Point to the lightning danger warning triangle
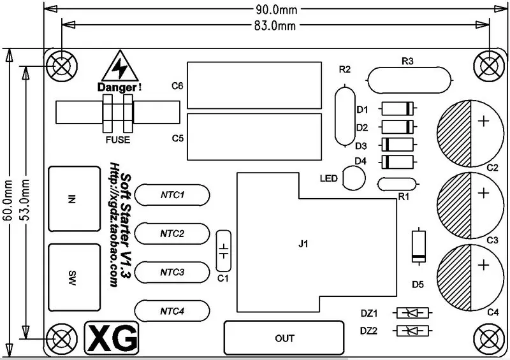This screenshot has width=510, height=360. (x=117, y=67)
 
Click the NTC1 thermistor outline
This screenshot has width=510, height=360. (x=172, y=194)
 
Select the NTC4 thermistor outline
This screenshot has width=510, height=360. (x=172, y=311)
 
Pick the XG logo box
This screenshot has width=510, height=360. (x=112, y=338)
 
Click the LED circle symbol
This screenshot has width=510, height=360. (x=354, y=178)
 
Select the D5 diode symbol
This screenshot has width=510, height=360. (x=418, y=247)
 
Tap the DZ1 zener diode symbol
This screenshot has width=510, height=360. (x=412, y=313)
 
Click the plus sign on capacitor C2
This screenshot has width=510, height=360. (x=484, y=120)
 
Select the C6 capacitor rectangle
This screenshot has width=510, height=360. (x=254, y=85)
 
